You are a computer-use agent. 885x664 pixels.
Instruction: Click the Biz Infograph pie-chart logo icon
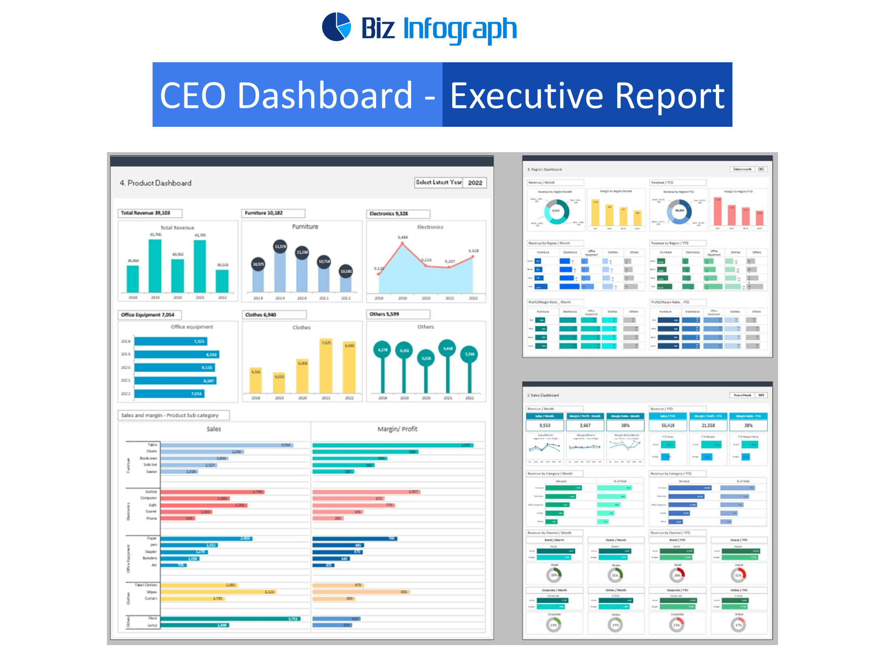pyautogui.click(x=336, y=27)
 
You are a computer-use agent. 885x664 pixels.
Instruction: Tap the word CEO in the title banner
pyautogui.click(x=193, y=96)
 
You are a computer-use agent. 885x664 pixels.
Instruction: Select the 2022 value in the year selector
pyautogui.click(x=475, y=183)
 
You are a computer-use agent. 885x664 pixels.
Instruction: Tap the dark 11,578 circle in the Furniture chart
pyautogui.click(x=280, y=247)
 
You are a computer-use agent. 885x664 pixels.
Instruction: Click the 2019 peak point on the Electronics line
pyautogui.click(x=402, y=243)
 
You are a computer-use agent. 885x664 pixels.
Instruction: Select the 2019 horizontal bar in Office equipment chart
pyautogui.click(x=177, y=355)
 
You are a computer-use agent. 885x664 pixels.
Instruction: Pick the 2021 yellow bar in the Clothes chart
pyautogui.click(x=326, y=366)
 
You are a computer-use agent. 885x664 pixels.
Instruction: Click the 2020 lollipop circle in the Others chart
pyautogui.click(x=426, y=358)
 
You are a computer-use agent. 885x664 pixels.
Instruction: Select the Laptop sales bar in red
pyautogui.click(x=212, y=492)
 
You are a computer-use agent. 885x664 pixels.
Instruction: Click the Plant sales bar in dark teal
pyautogui.click(x=230, y=619)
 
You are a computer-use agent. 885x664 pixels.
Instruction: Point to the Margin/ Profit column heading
pyautogui.click(x=397, y=429)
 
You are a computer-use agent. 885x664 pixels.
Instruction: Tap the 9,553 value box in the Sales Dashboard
pyautogui.click(x=545, y=426)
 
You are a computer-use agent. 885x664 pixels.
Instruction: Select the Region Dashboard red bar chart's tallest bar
pyautogui.click(x=718, y=212)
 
